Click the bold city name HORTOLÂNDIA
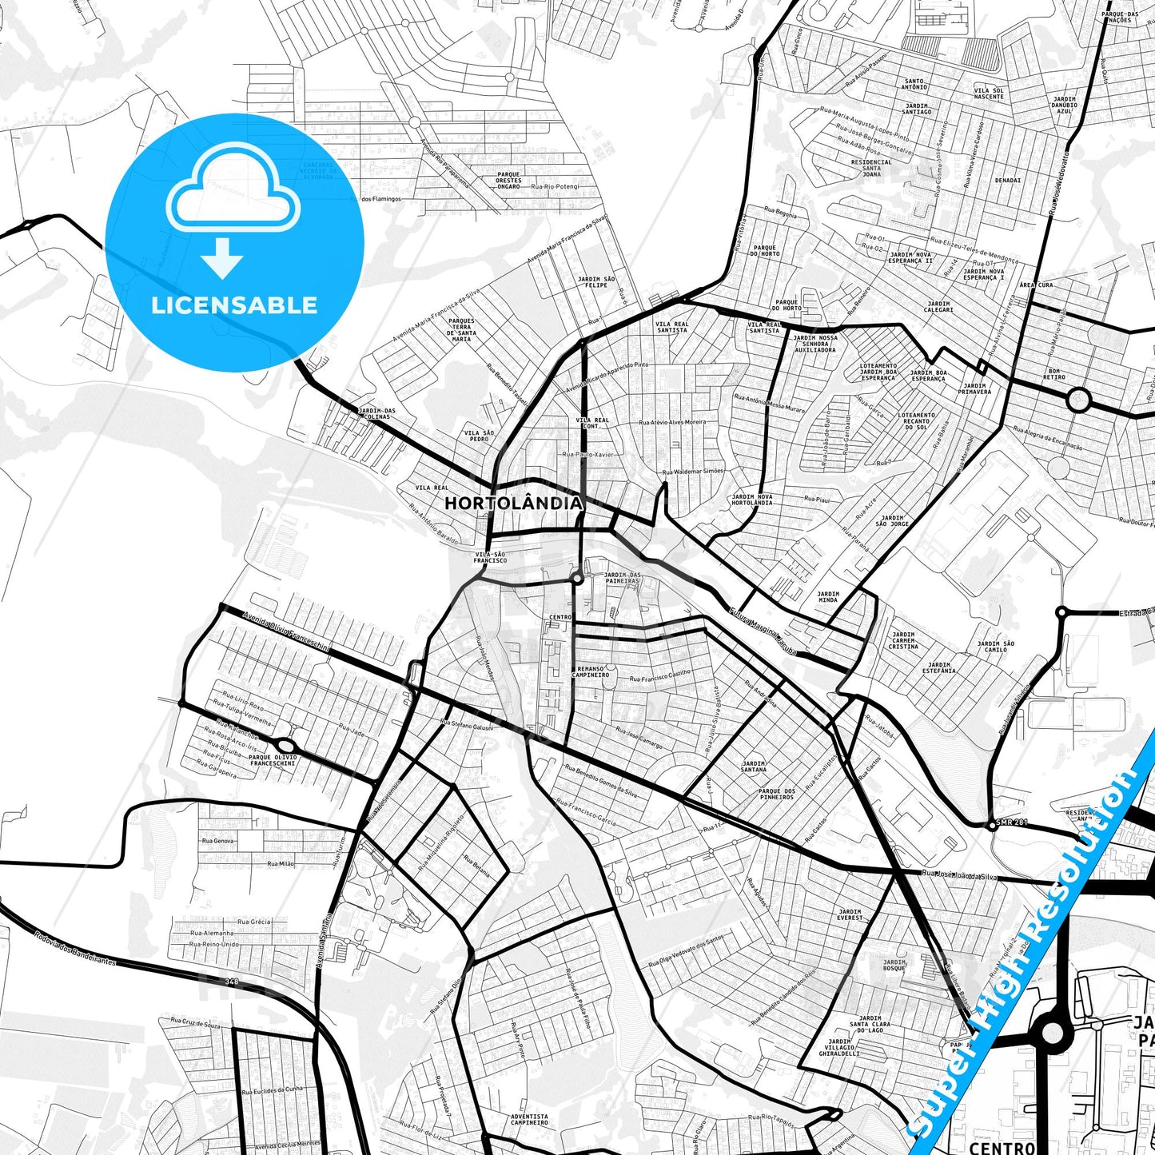(513, 504)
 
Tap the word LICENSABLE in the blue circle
(234, 305)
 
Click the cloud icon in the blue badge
(233, 190)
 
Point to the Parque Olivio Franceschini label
(273, 760)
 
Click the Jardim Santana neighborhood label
(754, 767)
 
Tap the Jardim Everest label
(850, 914)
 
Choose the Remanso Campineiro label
(591, 671)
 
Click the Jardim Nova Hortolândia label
(752, 500)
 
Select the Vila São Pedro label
(479, 436)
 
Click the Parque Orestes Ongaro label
(508, 181)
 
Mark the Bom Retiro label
(1055, 373)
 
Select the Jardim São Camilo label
(995, 647)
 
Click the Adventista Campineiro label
(529, 1119)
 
